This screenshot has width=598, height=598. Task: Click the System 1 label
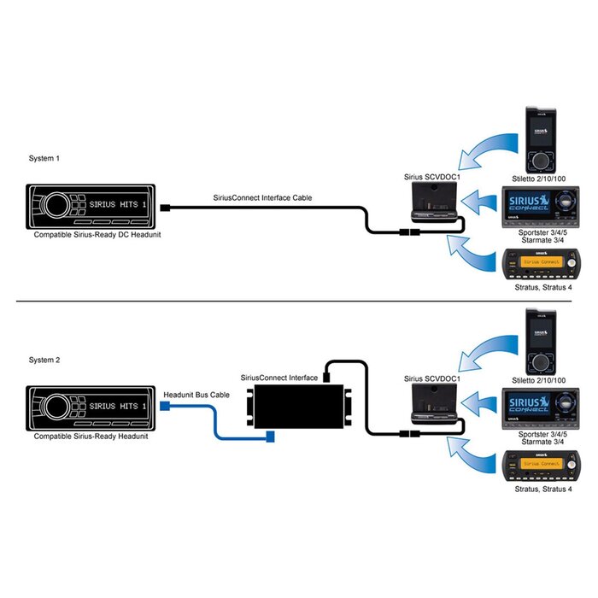(x=44, y=159)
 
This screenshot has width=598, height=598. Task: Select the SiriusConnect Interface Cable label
(x=262, y=197)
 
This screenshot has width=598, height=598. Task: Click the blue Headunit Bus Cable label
(x=192, y=394)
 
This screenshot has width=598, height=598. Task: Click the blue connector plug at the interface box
(x=271, y=437)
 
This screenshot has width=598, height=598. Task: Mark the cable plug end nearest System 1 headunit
(x=173, y=207)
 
